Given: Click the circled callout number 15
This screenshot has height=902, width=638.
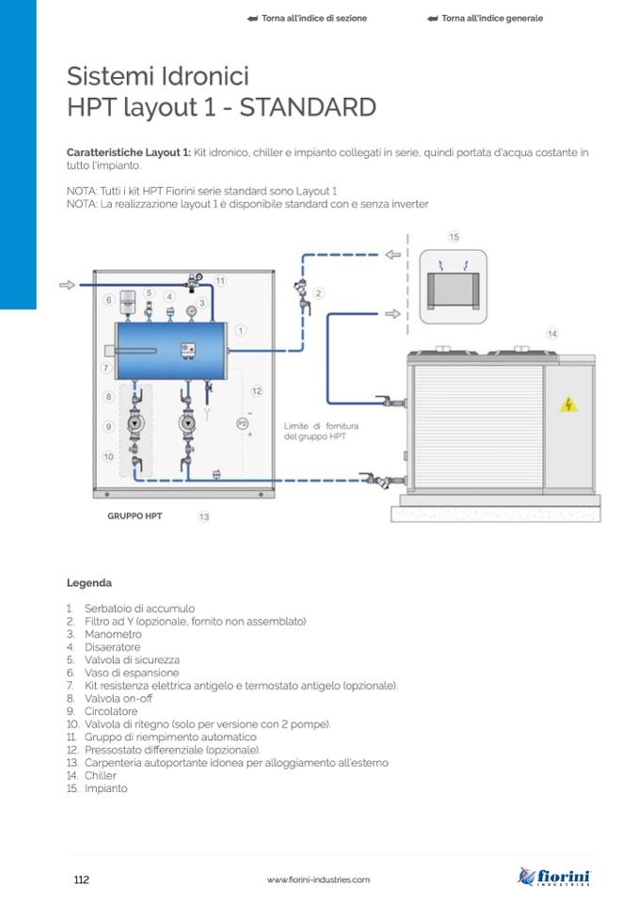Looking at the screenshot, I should (x=454, y=237).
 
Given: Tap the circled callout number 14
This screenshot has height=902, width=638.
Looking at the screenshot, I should (x=552, y=334).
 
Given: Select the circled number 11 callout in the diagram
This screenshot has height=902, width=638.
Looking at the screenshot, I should (x=220, y=280).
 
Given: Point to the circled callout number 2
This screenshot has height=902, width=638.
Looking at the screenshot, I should (x=319, y=293).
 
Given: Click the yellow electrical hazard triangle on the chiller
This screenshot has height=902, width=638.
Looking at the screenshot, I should (x=568, y=404).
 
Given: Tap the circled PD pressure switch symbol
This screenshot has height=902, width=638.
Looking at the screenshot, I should (x=242, y=424).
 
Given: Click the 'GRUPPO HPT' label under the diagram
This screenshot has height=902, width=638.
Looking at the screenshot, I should (x=135, y=515).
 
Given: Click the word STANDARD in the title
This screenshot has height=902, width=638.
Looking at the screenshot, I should (x=308, y=107).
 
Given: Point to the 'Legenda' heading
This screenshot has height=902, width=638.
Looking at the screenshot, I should (x=89, y=582).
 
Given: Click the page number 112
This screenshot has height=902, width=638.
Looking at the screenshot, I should (x=81, y=879).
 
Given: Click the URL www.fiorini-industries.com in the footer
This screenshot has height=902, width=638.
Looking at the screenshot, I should (x=318, y=880).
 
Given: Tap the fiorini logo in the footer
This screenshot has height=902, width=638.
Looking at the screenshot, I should (x=555, y=878).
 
